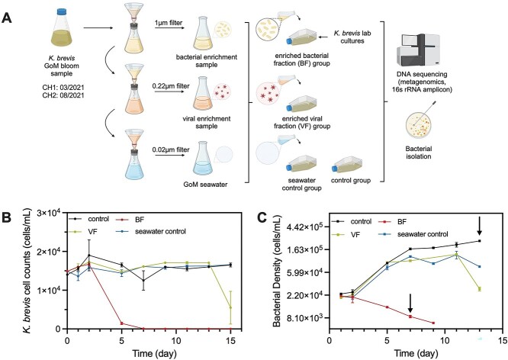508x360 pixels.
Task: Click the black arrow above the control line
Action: coord(480,225)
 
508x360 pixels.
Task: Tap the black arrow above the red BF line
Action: coord(410,300)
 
